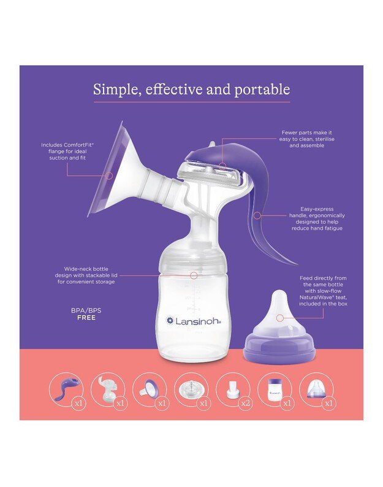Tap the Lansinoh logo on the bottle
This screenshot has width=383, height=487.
[x=192, y=320]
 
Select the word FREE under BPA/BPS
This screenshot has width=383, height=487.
[x=86, y=318]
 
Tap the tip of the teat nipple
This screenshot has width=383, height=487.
[x=279, y=296]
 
